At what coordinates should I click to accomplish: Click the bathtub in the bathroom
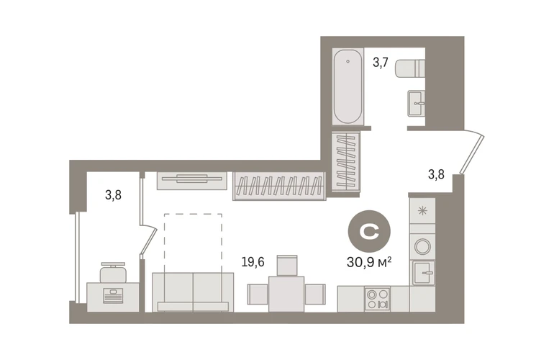click(348, 86)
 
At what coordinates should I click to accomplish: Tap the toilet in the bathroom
click(410, 68)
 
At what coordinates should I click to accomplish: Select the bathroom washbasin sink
click(416, 103)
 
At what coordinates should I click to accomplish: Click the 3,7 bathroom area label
click(381, 63)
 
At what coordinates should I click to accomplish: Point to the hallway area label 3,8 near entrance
click(436, 174)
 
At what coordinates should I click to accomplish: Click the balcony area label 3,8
click(113, 195)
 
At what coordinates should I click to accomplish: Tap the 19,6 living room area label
click(253, 262)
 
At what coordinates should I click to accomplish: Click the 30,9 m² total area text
click(369, 262)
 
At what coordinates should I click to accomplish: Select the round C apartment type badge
click(369, 231)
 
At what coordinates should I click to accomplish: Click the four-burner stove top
click(377, 300)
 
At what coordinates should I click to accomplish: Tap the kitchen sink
click(423, 273)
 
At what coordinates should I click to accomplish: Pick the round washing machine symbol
click(422, 246)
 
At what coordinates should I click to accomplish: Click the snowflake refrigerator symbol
click(422, 211)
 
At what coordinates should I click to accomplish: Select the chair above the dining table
click(287, 265)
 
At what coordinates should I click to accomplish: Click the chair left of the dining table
click(258, 294)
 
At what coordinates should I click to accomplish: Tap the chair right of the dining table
click(315, 294)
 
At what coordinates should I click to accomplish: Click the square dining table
click(286, 294)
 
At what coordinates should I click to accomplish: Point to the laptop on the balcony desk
click(113, 296)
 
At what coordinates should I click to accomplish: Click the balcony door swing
click(148, 240)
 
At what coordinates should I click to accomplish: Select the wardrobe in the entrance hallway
click(345, 161)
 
